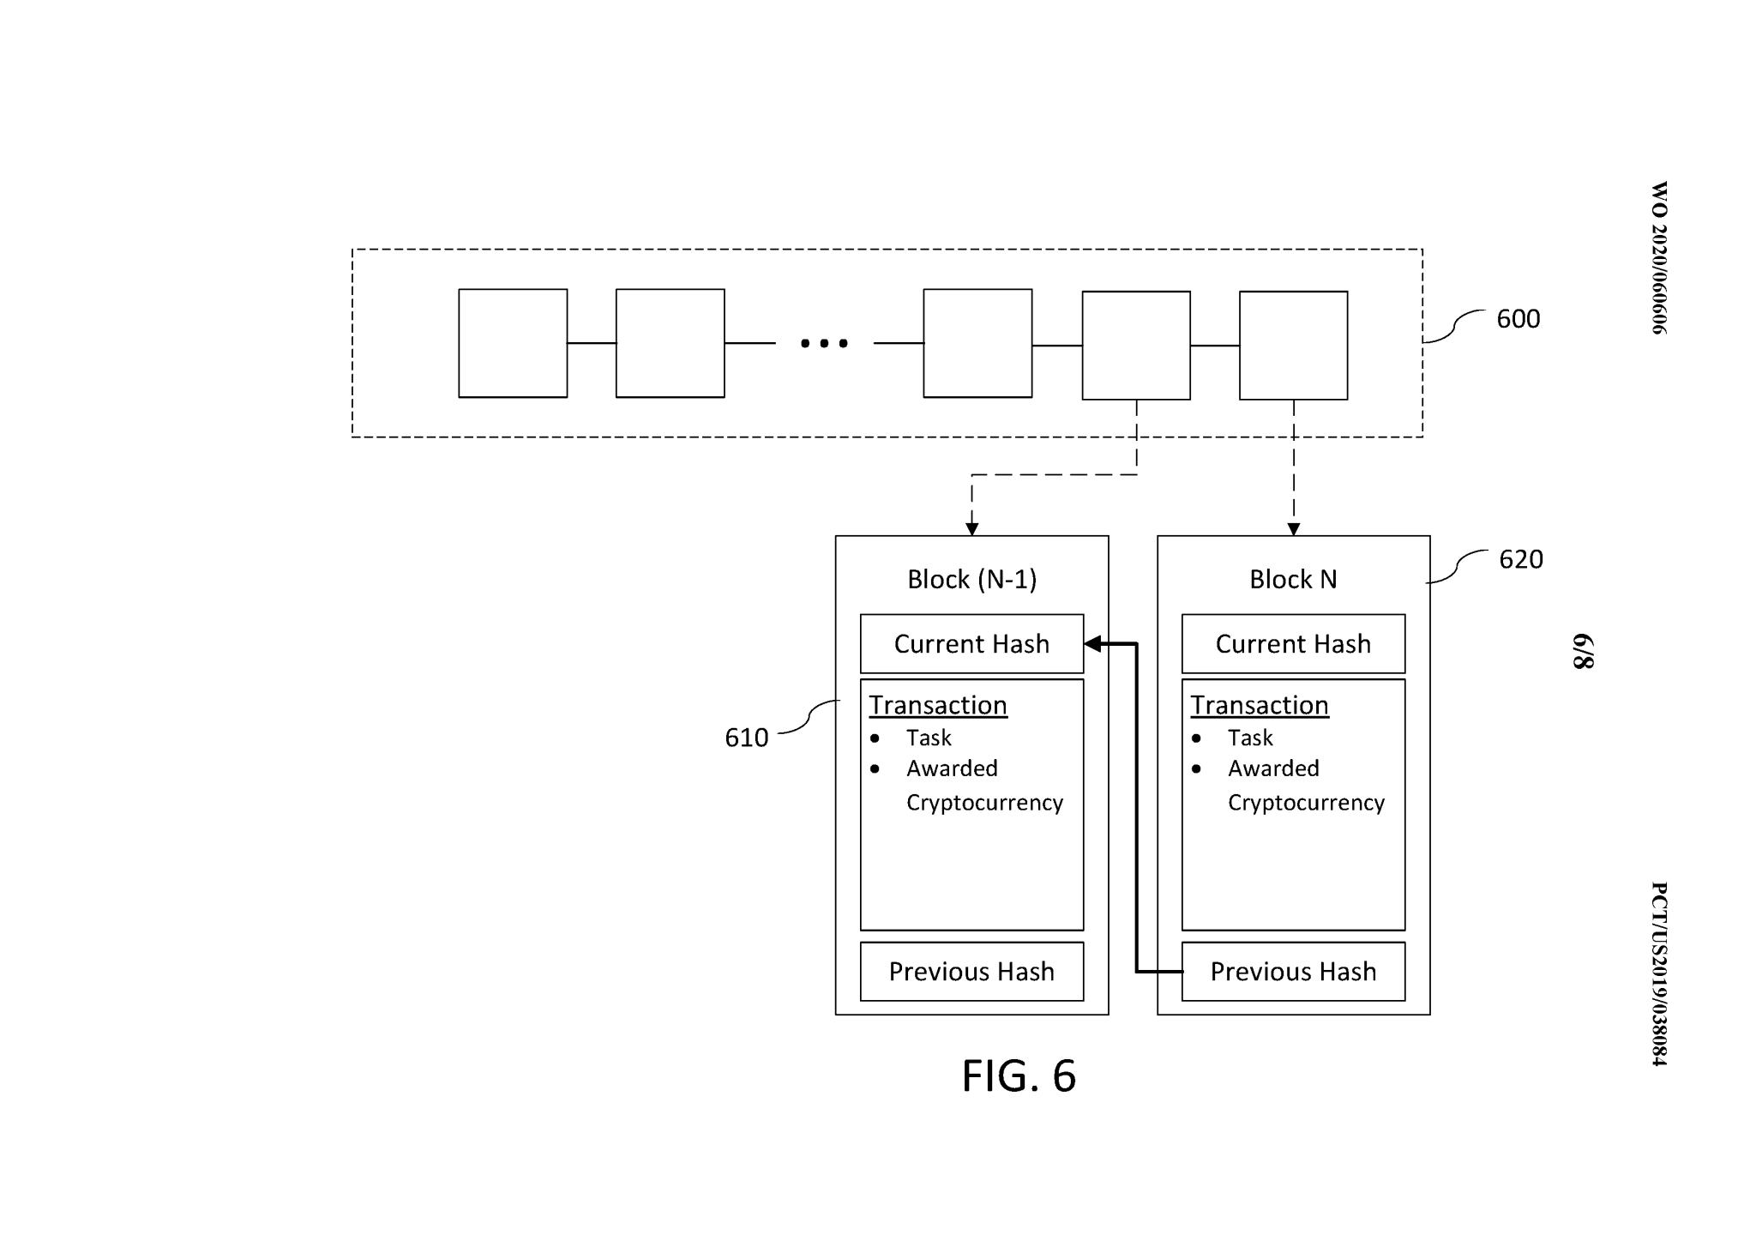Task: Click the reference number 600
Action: (1518, 319)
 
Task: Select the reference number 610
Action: (746, 738)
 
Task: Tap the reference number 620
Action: (1520, 559)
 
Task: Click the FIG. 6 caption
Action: (1019, 1075)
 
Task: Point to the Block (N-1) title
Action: (971, 580)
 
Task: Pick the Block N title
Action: (1293, 580)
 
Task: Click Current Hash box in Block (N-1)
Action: (971, 644)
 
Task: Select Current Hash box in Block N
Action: (1293, 644)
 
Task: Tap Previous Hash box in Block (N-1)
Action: (971, 972)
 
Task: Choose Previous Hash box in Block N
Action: (1293, 972)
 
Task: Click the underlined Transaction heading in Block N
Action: (1259, 705)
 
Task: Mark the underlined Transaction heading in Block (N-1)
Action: (937, 705)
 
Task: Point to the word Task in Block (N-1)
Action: (929, 738)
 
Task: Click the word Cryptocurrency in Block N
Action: (1306, 803)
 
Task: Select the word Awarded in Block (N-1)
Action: (952, 768)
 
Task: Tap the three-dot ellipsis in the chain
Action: (824, 343)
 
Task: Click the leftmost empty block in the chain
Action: (513, 343)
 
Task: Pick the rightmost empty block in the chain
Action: (1293, 346)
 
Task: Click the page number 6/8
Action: (1583, 652)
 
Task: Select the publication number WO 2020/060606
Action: (1659, 257)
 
